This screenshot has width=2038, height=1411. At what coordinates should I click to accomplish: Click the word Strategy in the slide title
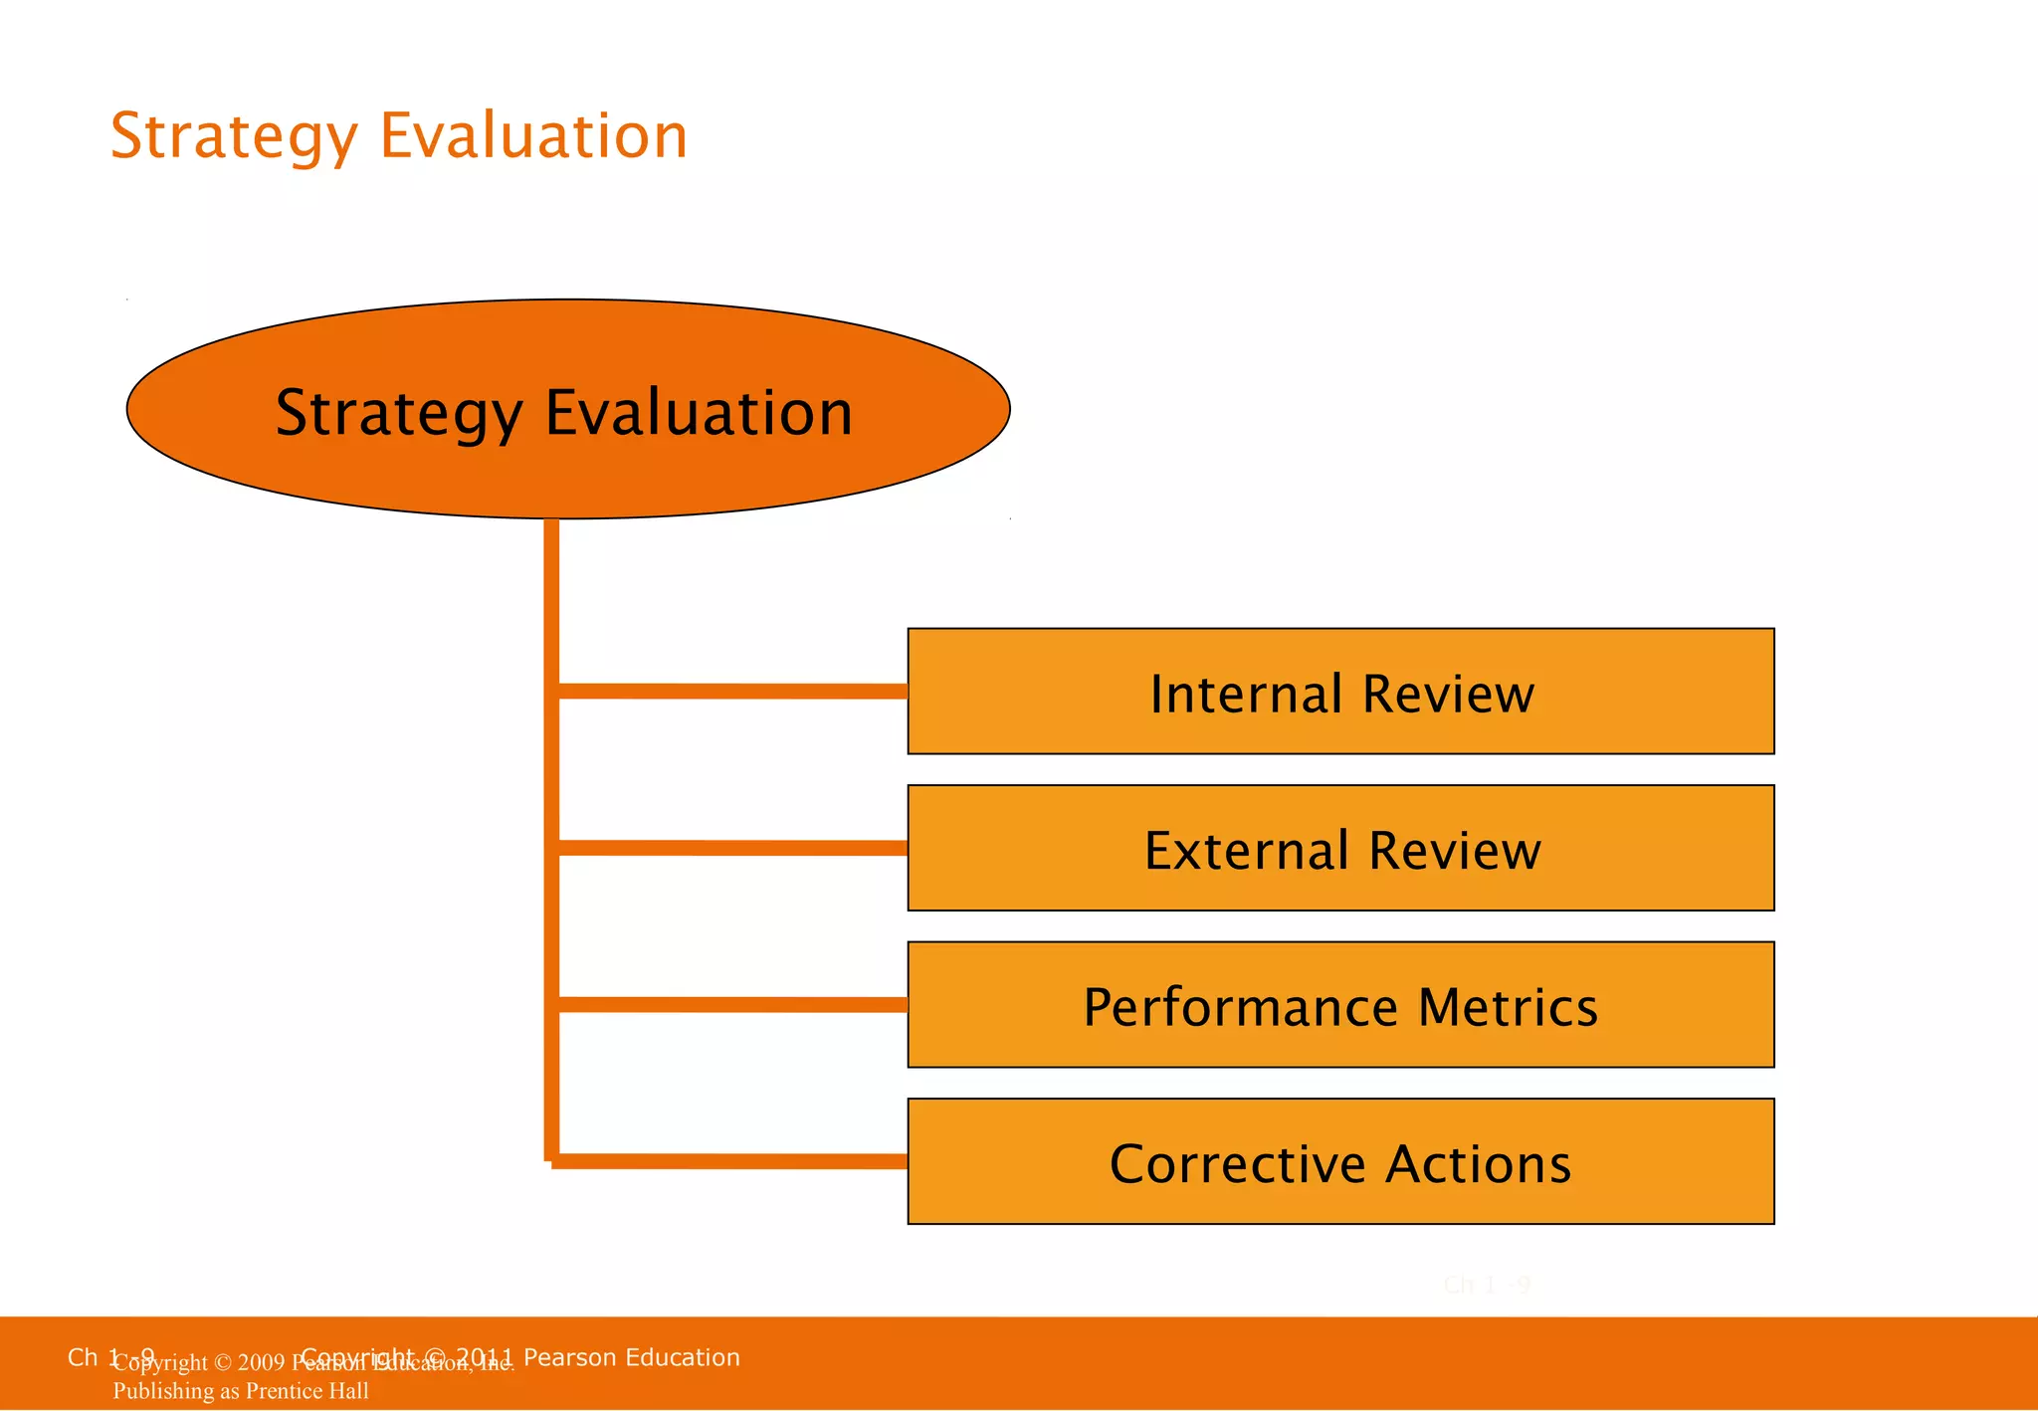click(233, 137)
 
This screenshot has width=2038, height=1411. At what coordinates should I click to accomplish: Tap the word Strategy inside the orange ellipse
click(398, 414)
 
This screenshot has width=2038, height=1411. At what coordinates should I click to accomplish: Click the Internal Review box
click(1340, 692)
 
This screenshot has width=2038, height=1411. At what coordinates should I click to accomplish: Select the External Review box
click(1340, 848)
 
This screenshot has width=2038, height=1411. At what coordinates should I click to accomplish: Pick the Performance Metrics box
click(1340, 1005)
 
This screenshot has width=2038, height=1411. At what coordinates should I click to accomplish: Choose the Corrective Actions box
click(1340, 1161)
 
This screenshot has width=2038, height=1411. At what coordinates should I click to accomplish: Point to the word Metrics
click(1508, 1007)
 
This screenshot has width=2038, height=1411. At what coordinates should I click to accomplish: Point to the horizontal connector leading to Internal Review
click(731, 691)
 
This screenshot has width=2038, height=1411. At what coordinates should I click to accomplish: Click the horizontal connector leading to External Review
click(731, 848)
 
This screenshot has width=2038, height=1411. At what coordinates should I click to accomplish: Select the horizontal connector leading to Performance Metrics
click(731, 1005)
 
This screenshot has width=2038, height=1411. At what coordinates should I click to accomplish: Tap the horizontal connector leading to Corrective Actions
click(731, 1161)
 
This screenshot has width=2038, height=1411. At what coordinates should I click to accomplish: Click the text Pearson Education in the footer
click(631, 1357)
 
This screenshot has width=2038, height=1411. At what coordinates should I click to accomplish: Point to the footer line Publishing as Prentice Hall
click(241, 1391)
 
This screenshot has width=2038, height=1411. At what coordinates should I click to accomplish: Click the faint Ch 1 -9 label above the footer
click(1487, 1286)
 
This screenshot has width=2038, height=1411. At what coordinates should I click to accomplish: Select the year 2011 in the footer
click(485, 1357)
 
